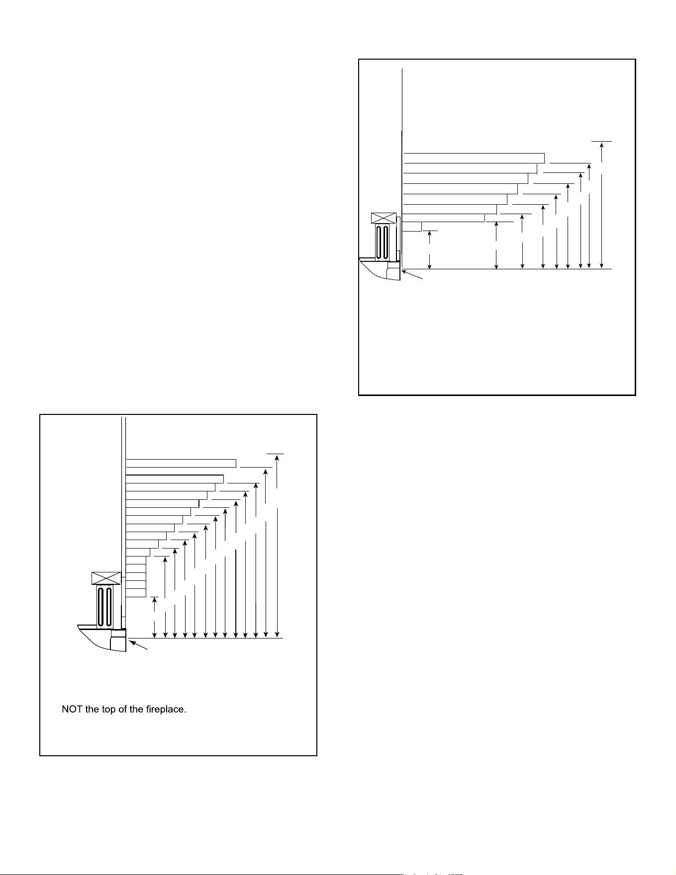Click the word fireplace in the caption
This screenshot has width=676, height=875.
click(165, 710)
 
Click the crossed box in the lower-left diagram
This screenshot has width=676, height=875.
click(106, 578)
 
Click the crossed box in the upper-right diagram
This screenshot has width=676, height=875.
click(384, 218)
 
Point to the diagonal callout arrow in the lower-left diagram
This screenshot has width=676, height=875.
click(139, 645)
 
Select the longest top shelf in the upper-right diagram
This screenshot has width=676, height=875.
click(474, 158)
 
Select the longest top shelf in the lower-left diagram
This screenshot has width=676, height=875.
click(181, 464)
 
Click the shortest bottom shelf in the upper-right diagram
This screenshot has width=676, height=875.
click(412, 227)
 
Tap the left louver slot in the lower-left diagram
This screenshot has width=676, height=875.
click(101, 607)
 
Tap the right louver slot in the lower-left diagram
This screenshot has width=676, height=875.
click(109, 607)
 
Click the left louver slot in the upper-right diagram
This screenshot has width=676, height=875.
click(379, 242)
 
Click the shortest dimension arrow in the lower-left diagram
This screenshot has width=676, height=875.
click(155, 618)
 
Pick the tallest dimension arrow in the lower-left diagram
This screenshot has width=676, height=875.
click(277, 546)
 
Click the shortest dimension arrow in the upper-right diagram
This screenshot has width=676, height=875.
click(429, 250)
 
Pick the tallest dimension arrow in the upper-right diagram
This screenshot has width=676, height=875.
click(602, 206)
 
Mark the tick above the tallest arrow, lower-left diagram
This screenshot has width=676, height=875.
click(276, 454)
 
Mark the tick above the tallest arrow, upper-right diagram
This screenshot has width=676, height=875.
click(602, 142)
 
